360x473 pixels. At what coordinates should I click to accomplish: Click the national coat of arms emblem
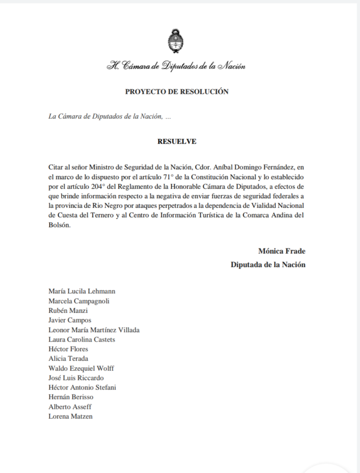pyautogui.click(x=176, y=41)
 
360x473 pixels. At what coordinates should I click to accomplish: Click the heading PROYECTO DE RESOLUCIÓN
pyautogui.click(x=177, y=92)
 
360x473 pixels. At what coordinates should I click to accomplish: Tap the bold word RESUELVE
pyautogui.click(x=177, y=141)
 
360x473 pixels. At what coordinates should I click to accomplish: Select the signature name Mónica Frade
pyautogui.click(x=282, y=251)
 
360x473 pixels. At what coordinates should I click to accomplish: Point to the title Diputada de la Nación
pyautogui.click(x=268, y=265)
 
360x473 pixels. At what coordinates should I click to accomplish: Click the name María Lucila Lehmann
pyautogui.click(x=82, y=291)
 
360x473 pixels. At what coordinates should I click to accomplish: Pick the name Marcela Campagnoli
pyautogui.click(x=79, y=301)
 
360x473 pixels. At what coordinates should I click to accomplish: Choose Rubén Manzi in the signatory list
pyautogui.click(x=68, y=310)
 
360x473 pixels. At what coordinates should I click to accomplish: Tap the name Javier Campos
pyautogui.click(x=70, y=320)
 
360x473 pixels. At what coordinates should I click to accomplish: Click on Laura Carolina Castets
pyautogui.click(x=82, y=340)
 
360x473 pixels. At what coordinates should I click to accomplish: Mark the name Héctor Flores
pyautogui.click(x=68, y=349)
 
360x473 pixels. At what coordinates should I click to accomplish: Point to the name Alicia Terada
pyautogui.click(x=68, y=358)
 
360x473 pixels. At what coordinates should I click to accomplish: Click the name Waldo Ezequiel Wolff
pyautogui.click(x=81, y=368)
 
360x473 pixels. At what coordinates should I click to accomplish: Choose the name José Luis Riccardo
pyautogui.click(x=76, y=378)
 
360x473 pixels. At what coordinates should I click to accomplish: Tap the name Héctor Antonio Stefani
pyautogui.click(x=82, y=388)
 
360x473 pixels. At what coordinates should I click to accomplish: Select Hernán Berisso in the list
pyautogui.click(x=71, y=397)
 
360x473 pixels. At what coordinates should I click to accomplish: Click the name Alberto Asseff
pyautogui.click(x=70, y=407)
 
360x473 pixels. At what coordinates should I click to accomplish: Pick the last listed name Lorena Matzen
pyautogui.click(x=71, y=417)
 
